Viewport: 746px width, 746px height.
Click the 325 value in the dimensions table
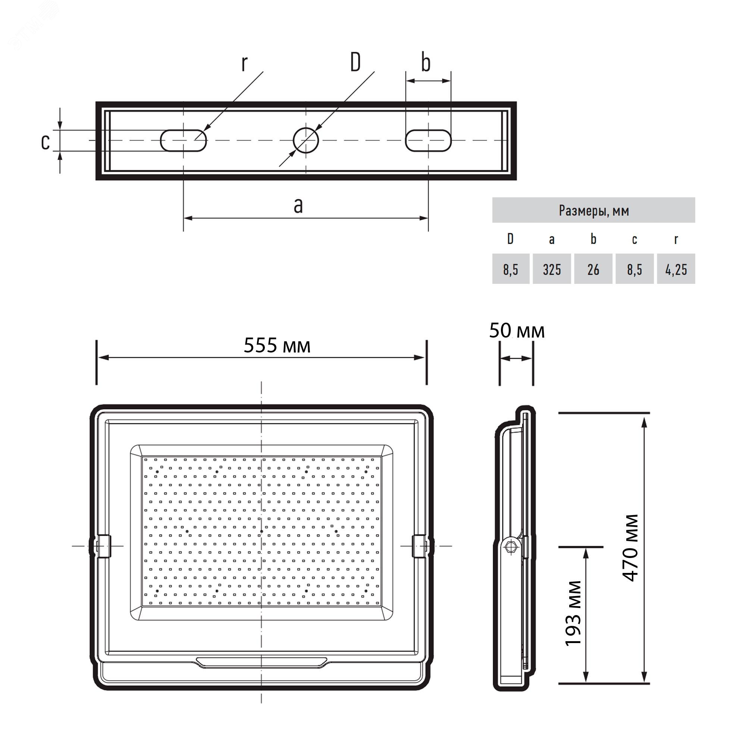[552, 269]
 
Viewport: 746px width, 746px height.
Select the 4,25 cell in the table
[676, 269]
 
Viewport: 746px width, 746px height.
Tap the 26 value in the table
[593, 269]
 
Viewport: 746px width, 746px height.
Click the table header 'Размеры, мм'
[594, 210]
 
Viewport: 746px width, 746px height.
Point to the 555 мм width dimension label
[277, 345]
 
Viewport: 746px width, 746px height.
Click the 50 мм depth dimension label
[517, 330]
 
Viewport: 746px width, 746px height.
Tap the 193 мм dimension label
[573, 613]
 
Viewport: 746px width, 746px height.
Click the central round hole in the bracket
[306, 140]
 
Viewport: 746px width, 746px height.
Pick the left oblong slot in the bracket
[184, 141]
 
